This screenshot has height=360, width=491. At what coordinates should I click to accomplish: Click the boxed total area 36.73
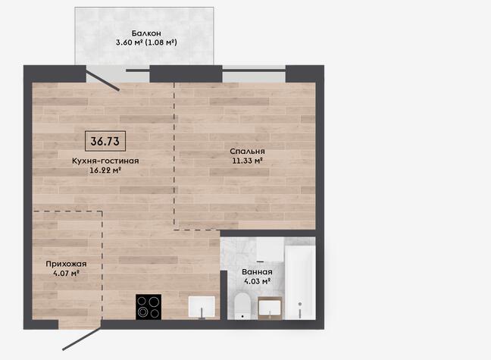pyautogui.click(x=105, y=141)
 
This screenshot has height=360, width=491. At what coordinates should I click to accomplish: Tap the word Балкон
pyautogui.click(x=146, y=33)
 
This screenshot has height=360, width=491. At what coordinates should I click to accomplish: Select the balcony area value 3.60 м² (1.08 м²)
pyautogui.click(x=146, y=42)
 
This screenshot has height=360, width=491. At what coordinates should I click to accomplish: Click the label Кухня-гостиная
pyautogui.click(x=105, y=161)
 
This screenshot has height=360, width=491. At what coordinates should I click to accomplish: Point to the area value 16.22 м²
pyautogui.click(x=105, y=171)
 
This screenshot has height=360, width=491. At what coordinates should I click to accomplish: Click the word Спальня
pyautogui.click(x=247, y=152)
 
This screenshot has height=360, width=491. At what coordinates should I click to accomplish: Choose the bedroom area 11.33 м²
pyautogui.click(x=247, y=161)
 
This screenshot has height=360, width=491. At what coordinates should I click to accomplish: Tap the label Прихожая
pyautogui.click(x=66, y=264)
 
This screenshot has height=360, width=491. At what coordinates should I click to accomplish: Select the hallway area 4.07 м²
pyautogui.click(x=66, y=273)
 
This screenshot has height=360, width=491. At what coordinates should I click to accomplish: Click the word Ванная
pyautogui.click(x=257, y=272)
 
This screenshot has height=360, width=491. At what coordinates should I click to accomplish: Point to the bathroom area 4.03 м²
pyautogui.click(x=257, y=281)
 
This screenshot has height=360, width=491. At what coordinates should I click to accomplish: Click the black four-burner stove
pyautogui.click(x=149, y=307)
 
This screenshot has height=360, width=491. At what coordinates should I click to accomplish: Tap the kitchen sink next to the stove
pyautogui.click(x=202, y=307)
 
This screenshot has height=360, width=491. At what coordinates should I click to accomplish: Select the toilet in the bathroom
pyautogui.click(x=242, y=306)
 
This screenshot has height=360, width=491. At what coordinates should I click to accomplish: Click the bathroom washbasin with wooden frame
pyautogui.click(x=270, y=308)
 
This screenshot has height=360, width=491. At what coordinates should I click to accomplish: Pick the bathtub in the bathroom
pyautogui.click(x=300, y=283)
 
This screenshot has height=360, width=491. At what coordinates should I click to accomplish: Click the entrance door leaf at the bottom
pyautogui.click(x=82, y=338)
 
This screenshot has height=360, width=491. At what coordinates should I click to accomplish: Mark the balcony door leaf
pyautogui.click(x=103, y=81)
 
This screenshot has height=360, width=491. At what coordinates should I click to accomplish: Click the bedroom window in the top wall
pyautogui.click(x=254, y=74)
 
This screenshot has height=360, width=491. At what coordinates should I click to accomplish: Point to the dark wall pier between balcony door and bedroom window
pyautogui.click(x=186, y=74)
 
